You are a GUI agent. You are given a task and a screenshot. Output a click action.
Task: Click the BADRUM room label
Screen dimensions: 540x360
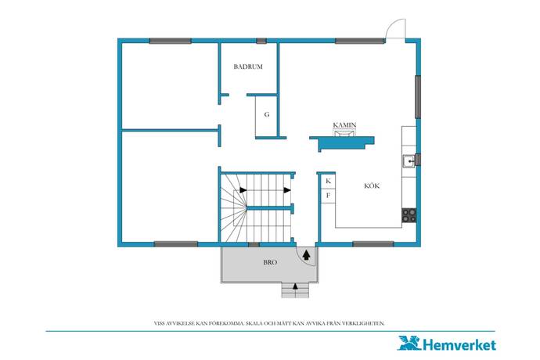(x=248, y=67)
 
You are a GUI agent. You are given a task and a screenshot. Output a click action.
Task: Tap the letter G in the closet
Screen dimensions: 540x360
(x=267, y=115)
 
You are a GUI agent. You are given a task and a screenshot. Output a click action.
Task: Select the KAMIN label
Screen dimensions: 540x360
(x=344, y=125)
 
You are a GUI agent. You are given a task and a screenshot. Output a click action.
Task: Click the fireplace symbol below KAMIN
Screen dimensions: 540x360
(x=344, y=132)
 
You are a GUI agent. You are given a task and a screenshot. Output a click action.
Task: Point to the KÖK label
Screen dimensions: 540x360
(x=372, y=186)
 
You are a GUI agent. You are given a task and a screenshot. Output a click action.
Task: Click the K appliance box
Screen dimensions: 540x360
(x=328, y=181)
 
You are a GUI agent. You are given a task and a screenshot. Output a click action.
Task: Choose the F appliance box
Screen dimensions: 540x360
(x=328, y=196)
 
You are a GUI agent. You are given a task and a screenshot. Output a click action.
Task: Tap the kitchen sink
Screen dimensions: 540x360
(x=409, y=161)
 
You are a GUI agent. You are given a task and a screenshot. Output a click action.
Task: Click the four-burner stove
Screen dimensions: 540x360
(x=409, y=216)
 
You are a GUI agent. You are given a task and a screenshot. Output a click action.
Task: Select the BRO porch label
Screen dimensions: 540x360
(x=270, y=262)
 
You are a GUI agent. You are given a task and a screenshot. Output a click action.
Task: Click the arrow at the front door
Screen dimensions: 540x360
(x=306, y=255)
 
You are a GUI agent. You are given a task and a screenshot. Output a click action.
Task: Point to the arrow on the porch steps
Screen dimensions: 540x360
(x=295, y=286)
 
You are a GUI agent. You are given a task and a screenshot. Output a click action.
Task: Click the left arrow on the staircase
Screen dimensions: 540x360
(x=243, y=190)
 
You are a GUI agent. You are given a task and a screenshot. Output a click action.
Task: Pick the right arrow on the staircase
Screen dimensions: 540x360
(x=287, y=190)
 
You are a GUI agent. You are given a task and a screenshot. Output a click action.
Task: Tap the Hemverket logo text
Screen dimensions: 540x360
(x=459, y=345)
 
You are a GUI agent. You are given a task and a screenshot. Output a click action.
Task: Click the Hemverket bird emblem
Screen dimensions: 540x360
(x=409, y=343)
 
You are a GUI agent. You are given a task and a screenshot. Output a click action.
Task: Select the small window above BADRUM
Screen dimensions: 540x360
(x=261, y=41)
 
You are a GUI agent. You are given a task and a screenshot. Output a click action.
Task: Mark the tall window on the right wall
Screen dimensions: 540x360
(x=418, y=97)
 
